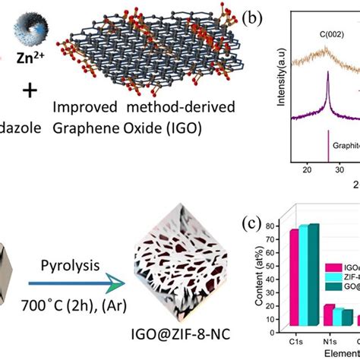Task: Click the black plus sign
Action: (x=28, y=91)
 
